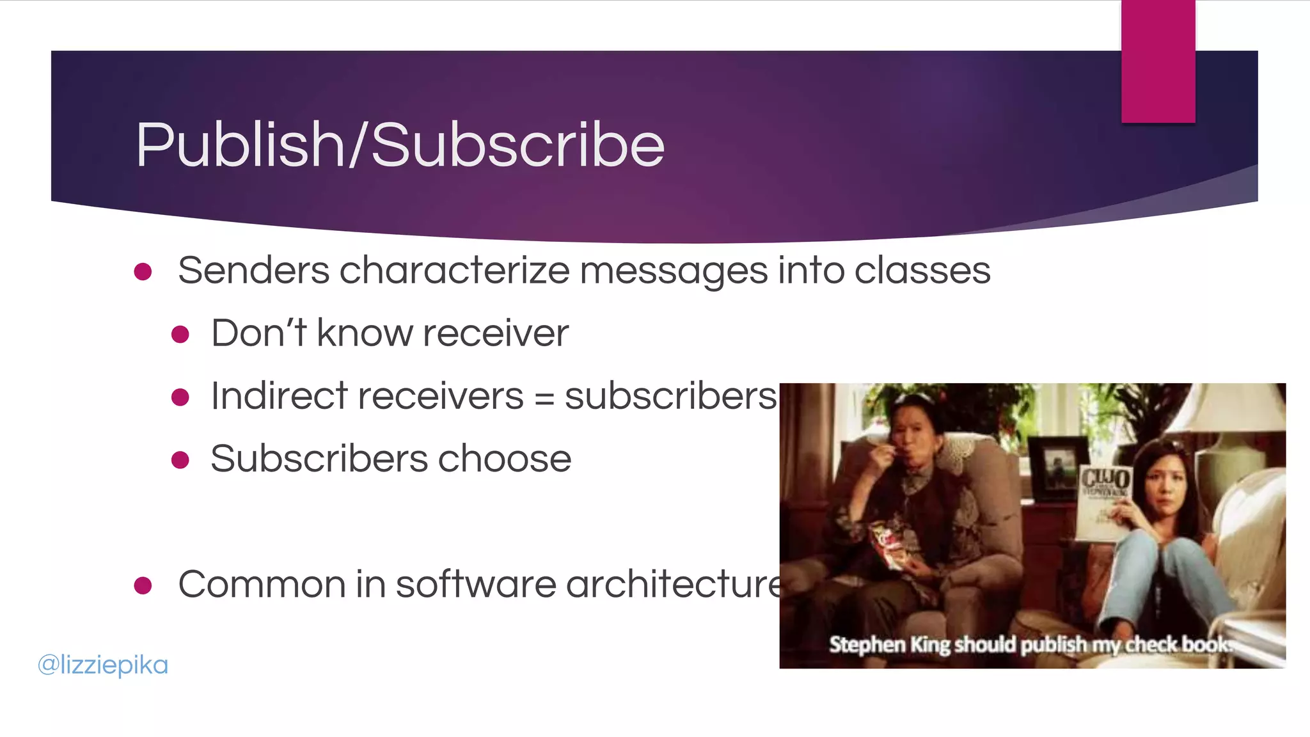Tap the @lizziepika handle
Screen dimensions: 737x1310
[103, 665]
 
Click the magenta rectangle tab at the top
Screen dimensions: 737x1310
[1158, 61]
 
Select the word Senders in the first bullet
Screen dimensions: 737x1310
[253, 270]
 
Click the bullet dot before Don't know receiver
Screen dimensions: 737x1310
[180, 334]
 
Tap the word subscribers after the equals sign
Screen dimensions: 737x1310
[670, 396]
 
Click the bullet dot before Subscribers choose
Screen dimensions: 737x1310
[180, 460]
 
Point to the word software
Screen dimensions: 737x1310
[476, 584]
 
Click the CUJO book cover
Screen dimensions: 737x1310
[1103, 502]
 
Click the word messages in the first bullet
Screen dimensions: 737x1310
[673, 270]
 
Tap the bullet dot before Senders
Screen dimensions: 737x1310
[143, 272]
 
